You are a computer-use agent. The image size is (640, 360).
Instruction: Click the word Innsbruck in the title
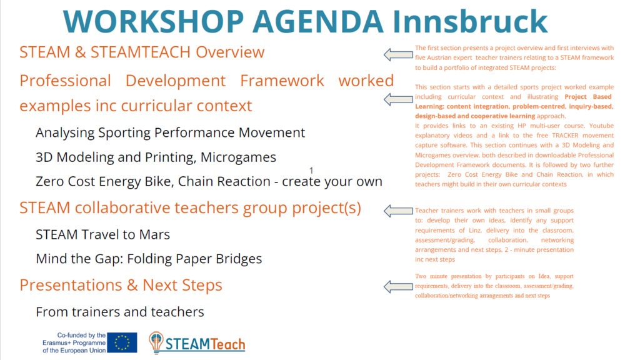(470, 22)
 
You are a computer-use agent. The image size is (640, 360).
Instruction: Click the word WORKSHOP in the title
(154, 22)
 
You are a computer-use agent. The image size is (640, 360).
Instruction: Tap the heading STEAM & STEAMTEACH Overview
(142, 52)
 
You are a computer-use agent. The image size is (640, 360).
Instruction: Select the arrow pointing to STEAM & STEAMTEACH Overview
(398, 54)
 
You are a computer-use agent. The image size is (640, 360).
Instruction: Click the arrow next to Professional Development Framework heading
(398, 99)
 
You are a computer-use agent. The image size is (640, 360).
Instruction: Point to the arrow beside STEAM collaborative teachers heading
(398, 211)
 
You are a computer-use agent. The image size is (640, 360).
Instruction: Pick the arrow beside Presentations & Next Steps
(398, 286)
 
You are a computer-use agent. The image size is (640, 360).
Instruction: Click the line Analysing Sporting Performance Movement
(170, 133)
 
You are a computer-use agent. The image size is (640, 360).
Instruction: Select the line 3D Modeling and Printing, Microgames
(156, 157)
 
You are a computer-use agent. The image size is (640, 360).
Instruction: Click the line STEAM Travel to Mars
(103, 235)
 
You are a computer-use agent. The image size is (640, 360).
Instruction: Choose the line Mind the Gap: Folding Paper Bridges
(149, 259)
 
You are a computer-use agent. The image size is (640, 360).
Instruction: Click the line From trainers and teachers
(120, 312)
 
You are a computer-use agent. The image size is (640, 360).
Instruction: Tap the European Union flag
(122, 342)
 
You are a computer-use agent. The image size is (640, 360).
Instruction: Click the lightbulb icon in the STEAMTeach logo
(156, 342)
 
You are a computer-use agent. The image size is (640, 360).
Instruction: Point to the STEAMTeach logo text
(205, 344)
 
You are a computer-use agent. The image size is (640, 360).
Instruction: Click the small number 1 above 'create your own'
(311, 170)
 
